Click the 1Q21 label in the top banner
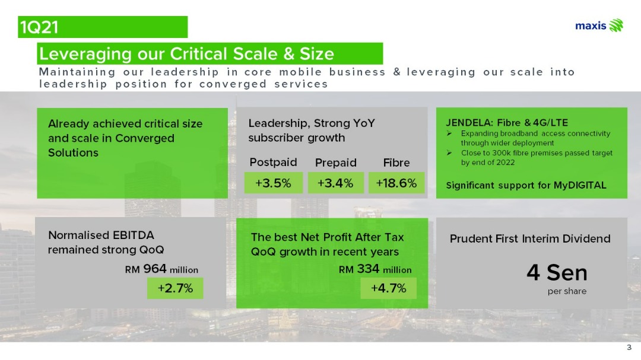[39, 27]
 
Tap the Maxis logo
[599, 26]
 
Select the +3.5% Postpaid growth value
[273, 183]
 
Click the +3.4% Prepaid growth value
[335, 183]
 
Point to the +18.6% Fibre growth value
[396, 183]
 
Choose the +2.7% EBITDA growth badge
[175, 288]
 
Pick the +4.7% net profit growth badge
[388, 288]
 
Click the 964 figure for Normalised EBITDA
[154, 269]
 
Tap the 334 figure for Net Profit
[368, 269]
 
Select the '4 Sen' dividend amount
[557, 273]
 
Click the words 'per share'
[567, 291]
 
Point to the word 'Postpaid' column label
[273, 163]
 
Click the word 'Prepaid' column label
[335, 163]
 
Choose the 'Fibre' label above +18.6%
[396, 163]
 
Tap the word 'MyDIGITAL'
[580, 185]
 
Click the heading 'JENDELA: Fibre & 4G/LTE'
[507, 123]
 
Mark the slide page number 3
[629, 348]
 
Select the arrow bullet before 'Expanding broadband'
[449, 133]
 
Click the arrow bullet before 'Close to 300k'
[449, 153]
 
